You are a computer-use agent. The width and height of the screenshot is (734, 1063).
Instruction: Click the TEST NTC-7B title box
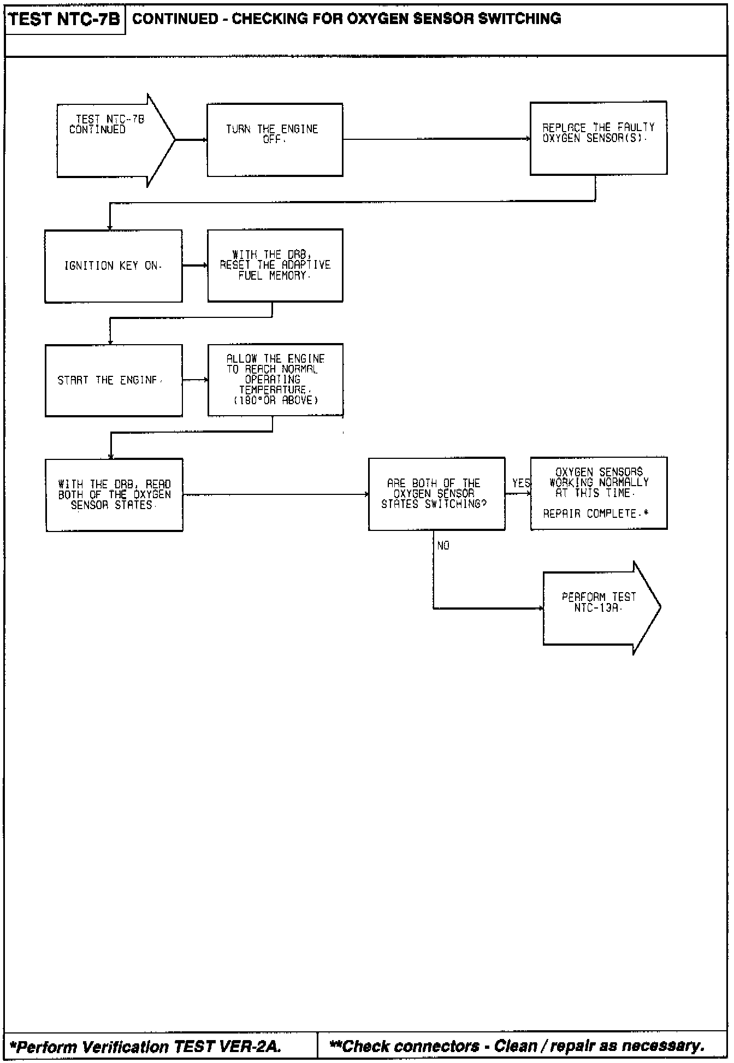(x=64, y=20)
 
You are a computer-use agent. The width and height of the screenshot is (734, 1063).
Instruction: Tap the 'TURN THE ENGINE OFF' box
(x=275, y=140)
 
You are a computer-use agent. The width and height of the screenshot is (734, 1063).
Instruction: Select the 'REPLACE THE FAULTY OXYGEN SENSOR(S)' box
(x=598, y=138)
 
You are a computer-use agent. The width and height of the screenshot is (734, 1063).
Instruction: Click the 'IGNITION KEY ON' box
(x=113, y=266)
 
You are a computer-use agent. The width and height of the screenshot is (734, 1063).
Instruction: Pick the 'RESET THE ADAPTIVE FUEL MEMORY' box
(x=275, y=265)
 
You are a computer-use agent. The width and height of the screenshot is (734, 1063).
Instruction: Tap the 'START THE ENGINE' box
(x=113, y=380)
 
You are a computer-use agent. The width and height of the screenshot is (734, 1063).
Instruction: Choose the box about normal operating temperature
(x=275, y=380)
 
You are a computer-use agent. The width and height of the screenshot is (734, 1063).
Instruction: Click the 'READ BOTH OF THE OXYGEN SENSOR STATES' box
(x=114, y=495)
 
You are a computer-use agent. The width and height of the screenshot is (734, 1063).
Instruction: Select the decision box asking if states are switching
(x=436, y=494)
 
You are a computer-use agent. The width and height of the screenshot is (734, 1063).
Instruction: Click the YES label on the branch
(x=521, y=483)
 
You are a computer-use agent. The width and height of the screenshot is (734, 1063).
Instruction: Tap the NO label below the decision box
(x=443, y=546)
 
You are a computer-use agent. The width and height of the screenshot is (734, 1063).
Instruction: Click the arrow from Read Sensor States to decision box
(x=275, y=495)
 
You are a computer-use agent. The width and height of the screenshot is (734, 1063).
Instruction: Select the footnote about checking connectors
(x=517, y=1046)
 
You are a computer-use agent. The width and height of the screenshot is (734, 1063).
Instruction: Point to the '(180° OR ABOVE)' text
(x=276, y=400)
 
